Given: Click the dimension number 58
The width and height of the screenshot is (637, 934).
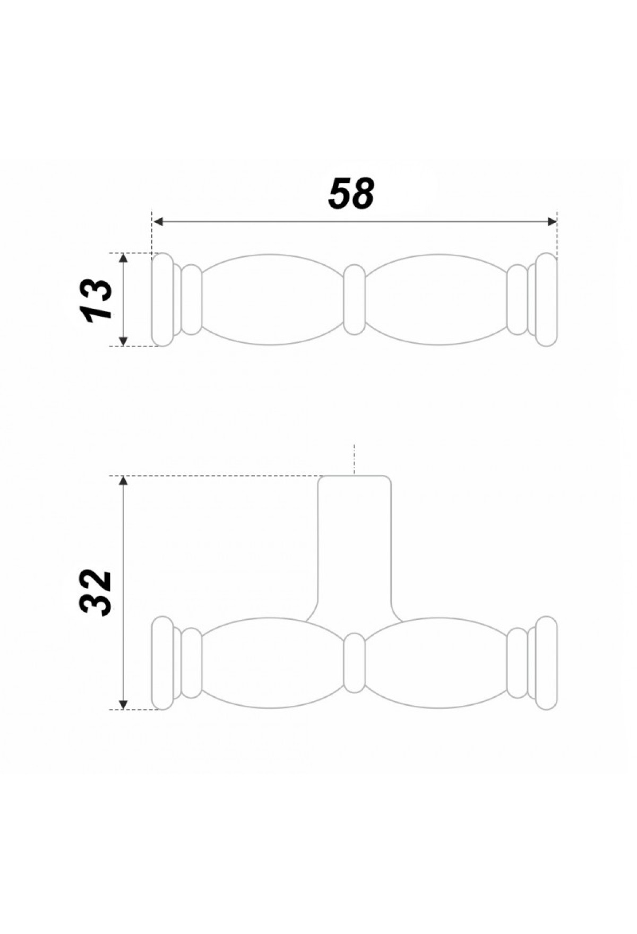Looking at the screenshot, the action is pyautogui.click(x=351, y=194).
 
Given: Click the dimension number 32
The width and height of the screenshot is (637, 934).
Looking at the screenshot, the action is pyautogui.click(x=96, y=593).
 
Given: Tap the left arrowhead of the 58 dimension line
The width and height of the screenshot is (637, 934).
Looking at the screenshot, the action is pyautogui.click(x=158, y=222).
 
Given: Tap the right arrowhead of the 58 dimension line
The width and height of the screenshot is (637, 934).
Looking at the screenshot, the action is pyautogui.click(x=551, y=222).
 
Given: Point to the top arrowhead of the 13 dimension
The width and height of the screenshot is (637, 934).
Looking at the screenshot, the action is pyautogui.click(x=123, y=258).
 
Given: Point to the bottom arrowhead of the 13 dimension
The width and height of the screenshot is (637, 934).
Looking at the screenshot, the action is pyautogui.click(x=123, y=341).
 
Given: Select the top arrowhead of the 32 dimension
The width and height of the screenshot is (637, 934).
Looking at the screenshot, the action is pyautogui.click(x=123, y=481).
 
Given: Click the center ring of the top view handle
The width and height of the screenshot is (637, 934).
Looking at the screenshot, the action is pyautogui.click(x=354, y=300).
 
